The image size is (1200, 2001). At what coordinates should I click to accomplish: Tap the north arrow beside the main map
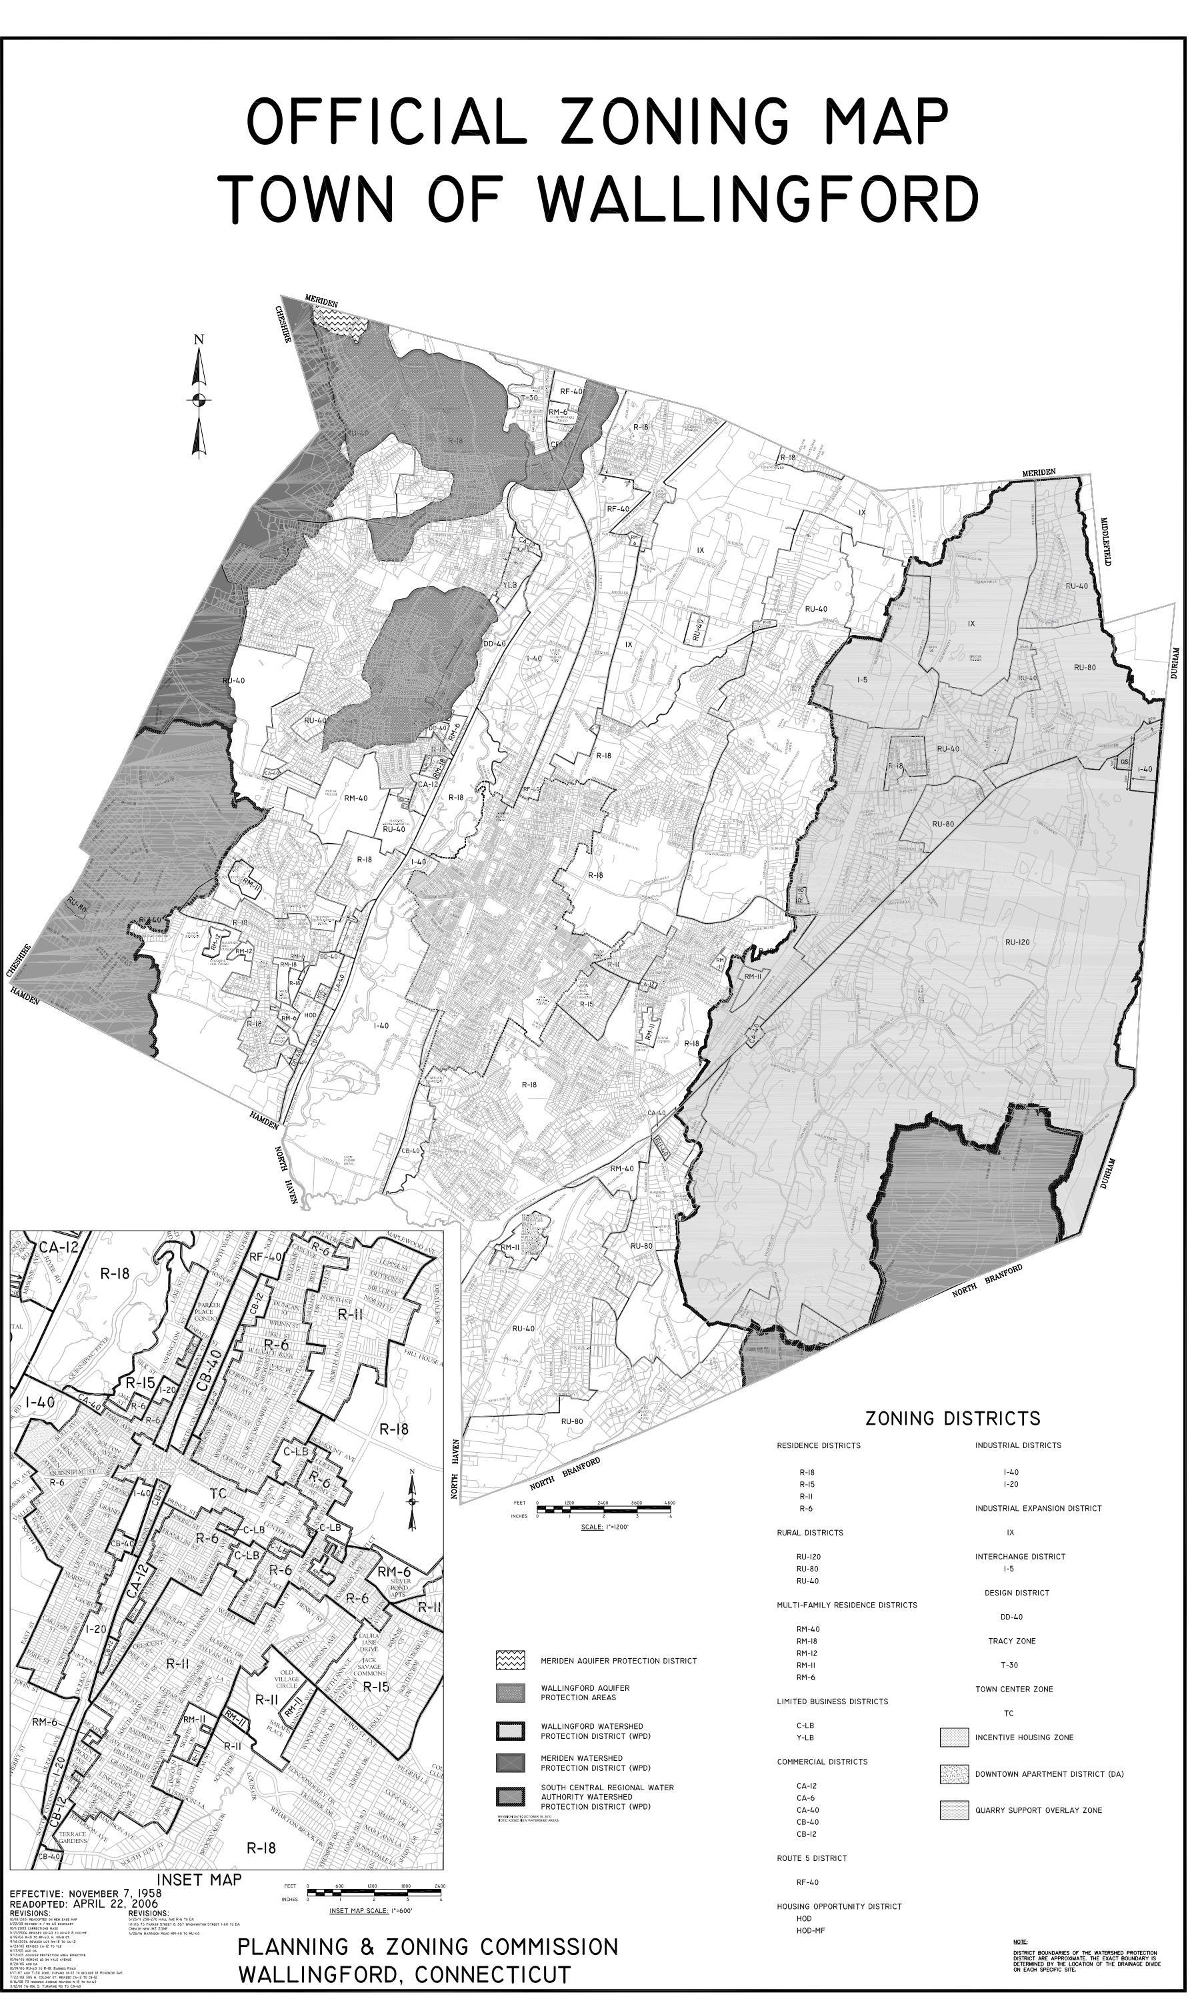pos(199,397)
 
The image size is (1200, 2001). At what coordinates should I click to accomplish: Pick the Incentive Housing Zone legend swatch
pos(954,1736)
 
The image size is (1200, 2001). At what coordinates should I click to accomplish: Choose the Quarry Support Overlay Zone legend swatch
pos(954,1810)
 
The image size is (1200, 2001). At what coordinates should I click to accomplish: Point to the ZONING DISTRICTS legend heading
pos(953,1418)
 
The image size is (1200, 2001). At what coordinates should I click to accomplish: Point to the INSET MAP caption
pos(199,1880)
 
